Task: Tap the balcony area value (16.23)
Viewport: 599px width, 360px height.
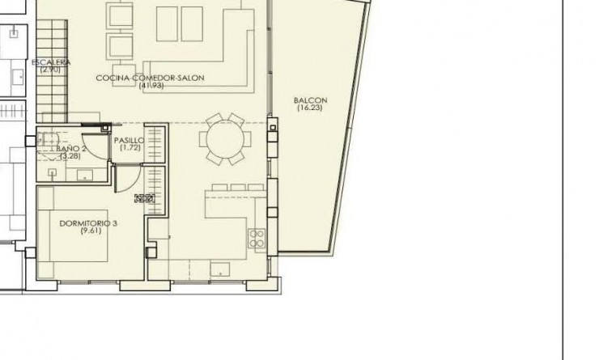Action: [308, 108]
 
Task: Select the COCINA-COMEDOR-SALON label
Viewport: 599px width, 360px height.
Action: [150, 78]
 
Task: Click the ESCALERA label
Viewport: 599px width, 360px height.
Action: [51, 62]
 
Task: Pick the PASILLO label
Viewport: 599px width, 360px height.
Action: [130, 140]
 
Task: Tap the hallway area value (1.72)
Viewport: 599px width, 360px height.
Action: [130, 147]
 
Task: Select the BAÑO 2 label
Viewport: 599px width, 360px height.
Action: [71, 150]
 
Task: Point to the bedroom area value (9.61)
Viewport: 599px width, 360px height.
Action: [89, 231]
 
